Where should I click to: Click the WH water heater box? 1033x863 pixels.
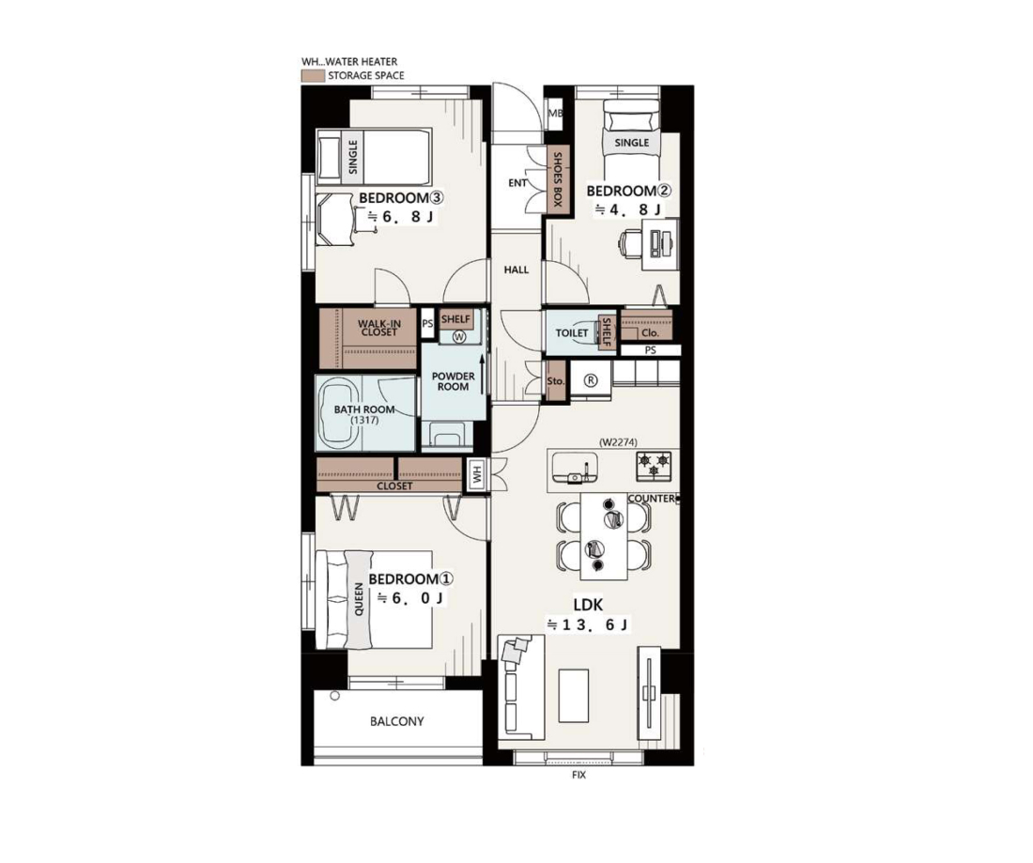pos(477,473)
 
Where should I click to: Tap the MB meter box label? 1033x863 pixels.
pos(555,114)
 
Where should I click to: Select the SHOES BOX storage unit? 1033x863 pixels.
pos(556,180)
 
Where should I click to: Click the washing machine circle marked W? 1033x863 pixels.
pos(460,336)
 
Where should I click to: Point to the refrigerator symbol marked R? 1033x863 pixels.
pos(591,380)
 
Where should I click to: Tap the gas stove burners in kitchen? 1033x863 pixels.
pos(654,466)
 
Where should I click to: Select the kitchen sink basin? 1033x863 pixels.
pos(575,468)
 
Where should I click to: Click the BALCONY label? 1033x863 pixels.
pos(396,721)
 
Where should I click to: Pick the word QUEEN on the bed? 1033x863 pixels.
pos(359,598)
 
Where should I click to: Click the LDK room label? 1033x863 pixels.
pos(588,605)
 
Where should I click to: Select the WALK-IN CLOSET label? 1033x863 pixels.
pos(378,328)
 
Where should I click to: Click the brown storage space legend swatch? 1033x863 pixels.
pos(313,76)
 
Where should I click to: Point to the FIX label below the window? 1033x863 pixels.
pos(579,776)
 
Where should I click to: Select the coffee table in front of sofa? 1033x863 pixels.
pos(574,696)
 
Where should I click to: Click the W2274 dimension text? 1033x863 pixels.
pos(618,442)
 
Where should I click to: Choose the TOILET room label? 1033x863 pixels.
pos(571,332)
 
